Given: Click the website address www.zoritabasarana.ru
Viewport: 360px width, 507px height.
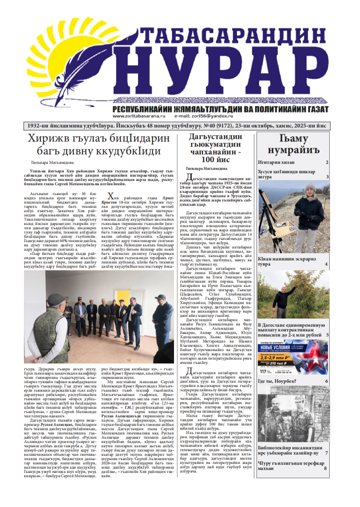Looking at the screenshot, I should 137,116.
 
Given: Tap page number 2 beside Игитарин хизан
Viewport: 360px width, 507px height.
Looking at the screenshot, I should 327,162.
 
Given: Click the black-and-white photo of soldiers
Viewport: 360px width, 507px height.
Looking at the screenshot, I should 293,415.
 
